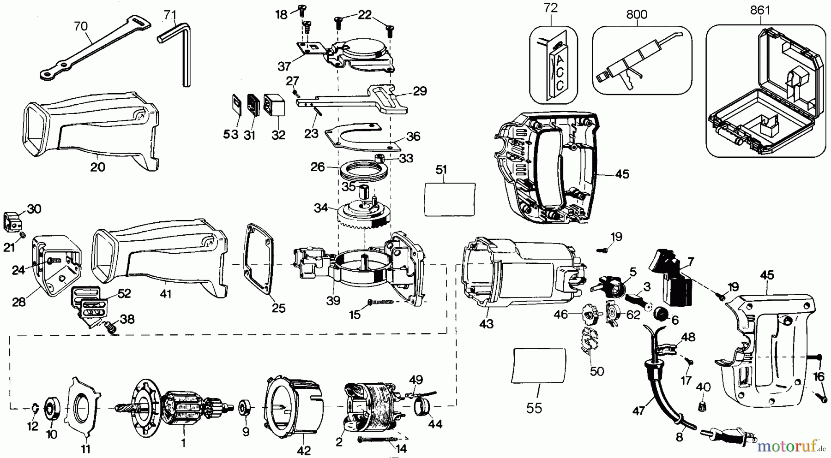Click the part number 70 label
(81, 26)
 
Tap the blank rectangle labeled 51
(450, 199)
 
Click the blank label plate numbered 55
(539, 366)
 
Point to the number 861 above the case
(760, 10)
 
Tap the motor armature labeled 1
(185, 408)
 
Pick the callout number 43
(486, 324)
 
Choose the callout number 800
(637, 14)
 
